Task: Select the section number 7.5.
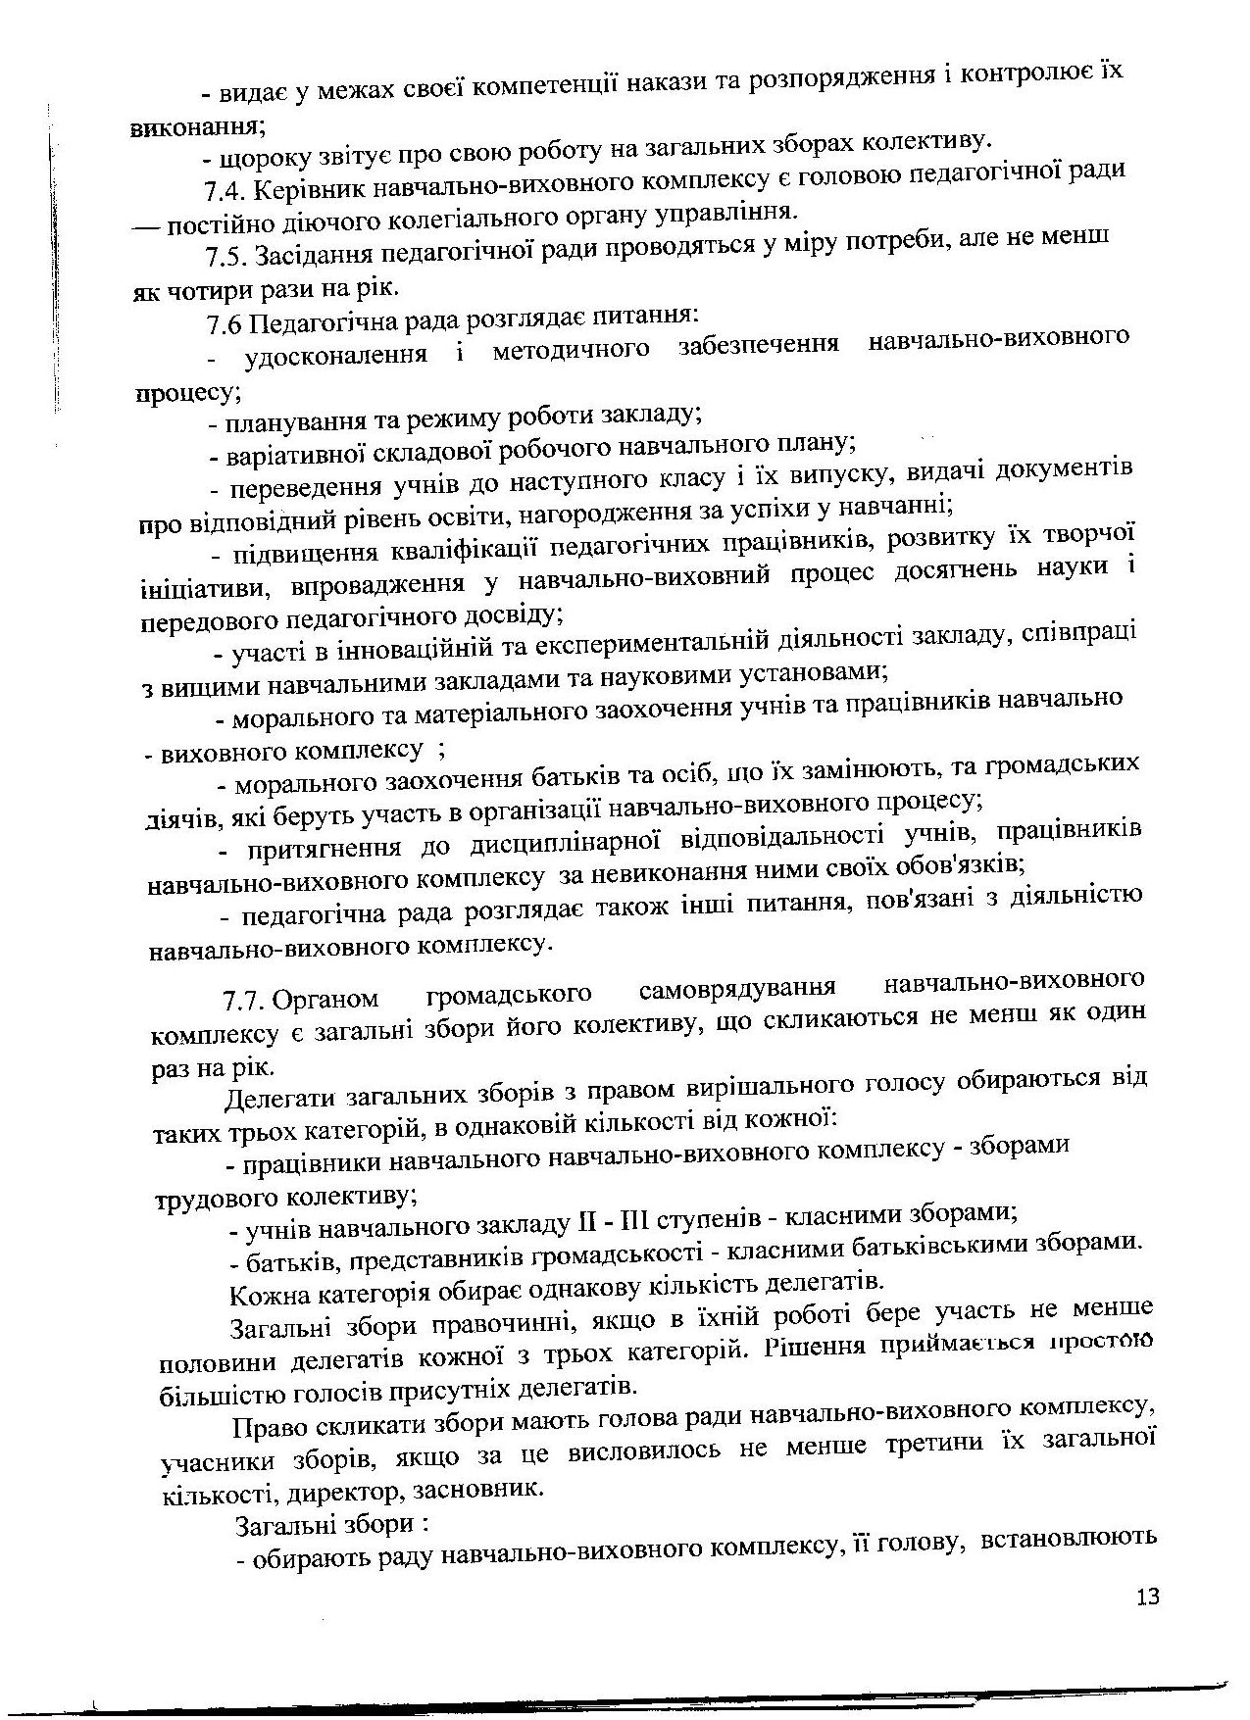pos(225,257)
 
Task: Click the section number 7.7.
pos(243,1001)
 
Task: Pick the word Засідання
pos(314,255)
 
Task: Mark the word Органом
pos(325,999)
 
